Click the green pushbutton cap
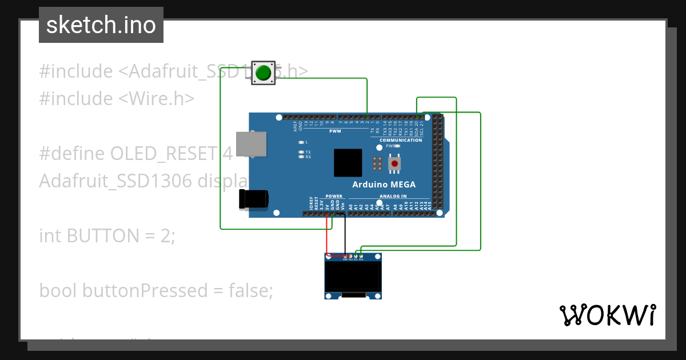point(263,73)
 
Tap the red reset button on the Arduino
point(394,164)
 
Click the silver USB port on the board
point(252,144)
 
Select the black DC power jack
point(254,199)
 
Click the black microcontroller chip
point(348,163)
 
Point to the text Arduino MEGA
point(384,185)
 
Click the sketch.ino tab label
point(101,25)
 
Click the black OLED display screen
point(353,277)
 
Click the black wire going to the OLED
point(345,235)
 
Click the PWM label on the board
point(334,131)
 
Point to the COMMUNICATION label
point(401,140)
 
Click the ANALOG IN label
point(392,196)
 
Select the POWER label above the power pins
point(334,196)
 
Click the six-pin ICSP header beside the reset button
point(377,164)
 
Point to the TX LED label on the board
point(308,152)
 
